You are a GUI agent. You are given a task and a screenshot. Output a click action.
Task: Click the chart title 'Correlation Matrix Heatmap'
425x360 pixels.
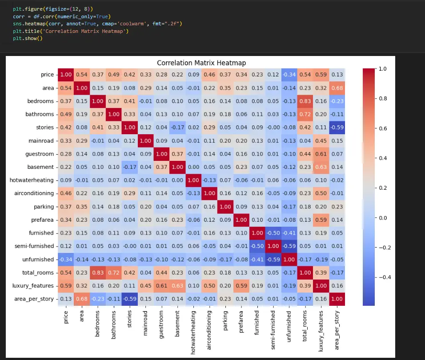click(x=201, y=63)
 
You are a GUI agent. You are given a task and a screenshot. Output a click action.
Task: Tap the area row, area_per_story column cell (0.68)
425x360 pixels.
click(x=337, y=88)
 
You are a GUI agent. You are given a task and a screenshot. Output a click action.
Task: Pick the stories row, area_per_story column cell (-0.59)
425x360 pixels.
click(x=337, y=128)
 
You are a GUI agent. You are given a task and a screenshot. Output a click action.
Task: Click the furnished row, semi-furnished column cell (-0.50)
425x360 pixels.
click(x=273, y=233)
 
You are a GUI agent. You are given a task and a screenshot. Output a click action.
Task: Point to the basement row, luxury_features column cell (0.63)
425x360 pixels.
click(x=320, y=167)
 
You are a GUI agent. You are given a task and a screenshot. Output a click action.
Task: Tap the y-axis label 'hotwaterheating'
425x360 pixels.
click(x=32, y=180)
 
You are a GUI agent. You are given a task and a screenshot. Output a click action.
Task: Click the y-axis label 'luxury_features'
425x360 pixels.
click(x=33, y=286)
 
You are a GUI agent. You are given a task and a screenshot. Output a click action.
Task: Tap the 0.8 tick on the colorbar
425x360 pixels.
click(x=382, y=99)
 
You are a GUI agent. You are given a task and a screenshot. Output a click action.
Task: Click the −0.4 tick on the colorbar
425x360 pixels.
click(x=384, y=277)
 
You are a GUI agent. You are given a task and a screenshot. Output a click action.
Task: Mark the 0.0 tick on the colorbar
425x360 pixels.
click(x=382, y=218)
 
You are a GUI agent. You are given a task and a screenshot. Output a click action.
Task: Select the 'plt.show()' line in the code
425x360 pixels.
click(x=27, y=38)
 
